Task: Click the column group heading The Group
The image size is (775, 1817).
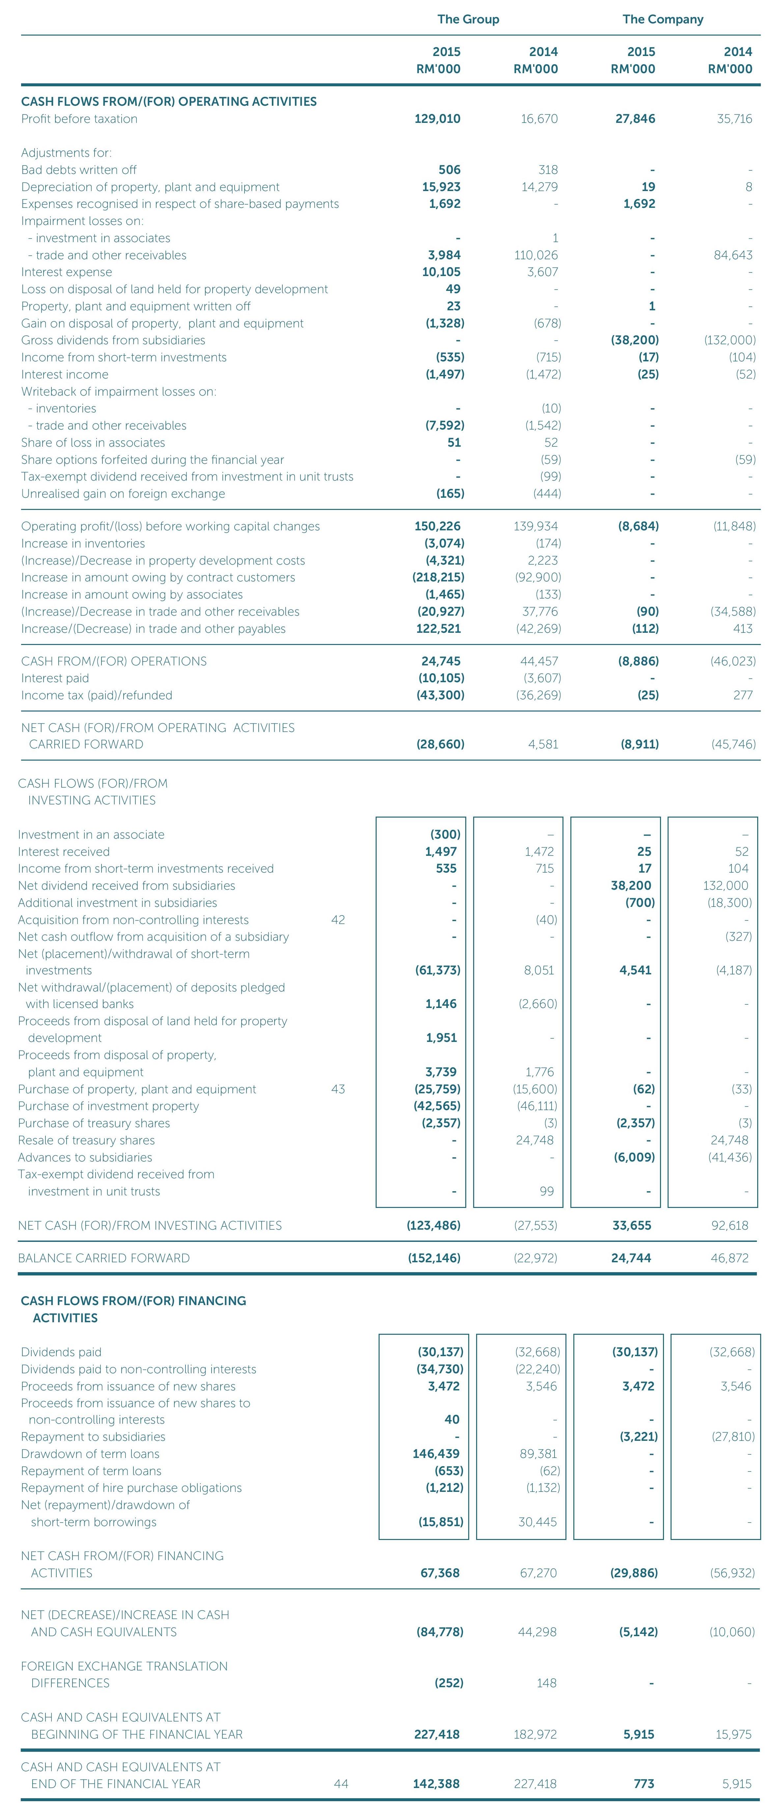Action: [x=468, y=19]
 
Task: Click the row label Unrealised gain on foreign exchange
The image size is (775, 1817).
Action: [x=123, y=494]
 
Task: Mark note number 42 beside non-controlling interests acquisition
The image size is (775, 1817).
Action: [x=338, y=920]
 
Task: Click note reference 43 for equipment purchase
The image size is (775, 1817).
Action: [x=338, y=1089]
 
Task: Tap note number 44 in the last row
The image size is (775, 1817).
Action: [x=341, y=1784]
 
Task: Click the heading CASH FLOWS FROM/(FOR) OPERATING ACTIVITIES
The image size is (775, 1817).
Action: [x=169, y=101]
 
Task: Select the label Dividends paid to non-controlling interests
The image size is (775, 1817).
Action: [x=138, y=1369]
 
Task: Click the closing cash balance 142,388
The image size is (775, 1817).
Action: [x=436, y=1784]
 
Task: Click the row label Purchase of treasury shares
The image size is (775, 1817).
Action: [x=94, y=1123]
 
